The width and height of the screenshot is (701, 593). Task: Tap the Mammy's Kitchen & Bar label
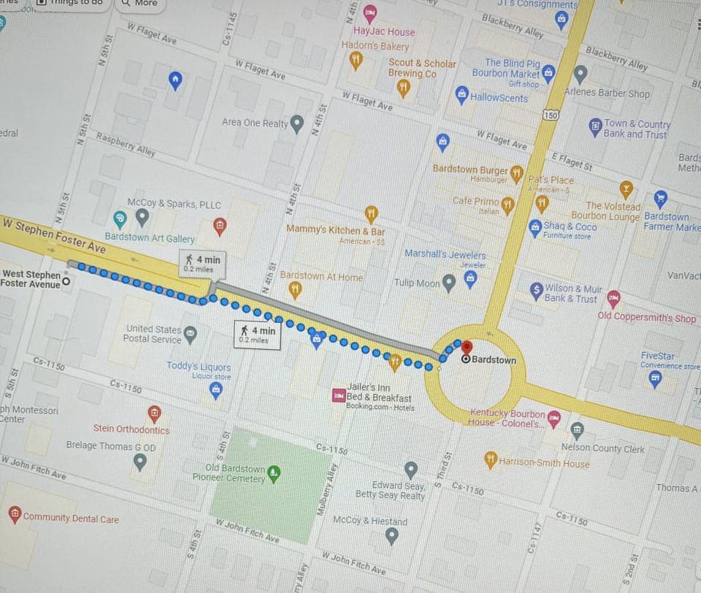(x=335, y=230)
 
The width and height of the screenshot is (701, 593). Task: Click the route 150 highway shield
(x=551, y=115)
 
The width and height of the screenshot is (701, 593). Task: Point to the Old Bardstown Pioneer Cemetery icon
(x=274, y=473)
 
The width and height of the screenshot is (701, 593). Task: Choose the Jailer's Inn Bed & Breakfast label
(x=378, y=393)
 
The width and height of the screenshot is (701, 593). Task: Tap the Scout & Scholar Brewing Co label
(x=421, y=69)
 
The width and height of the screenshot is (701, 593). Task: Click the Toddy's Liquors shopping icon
(x=216, y=391)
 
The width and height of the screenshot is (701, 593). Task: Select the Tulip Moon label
(x=417, y=283)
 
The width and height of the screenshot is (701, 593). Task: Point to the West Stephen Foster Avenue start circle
(x=66, y=280)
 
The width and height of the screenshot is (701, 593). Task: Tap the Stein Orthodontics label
(x=131, y=429)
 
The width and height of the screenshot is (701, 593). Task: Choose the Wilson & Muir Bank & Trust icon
(x=537, y=289)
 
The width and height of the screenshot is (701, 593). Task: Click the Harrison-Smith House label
(x=544, y=463)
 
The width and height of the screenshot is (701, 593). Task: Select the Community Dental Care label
(x=71, y=518)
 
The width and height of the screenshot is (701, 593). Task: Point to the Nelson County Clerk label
(x=602, y=448)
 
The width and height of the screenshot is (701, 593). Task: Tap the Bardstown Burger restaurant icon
(x=517, y=174)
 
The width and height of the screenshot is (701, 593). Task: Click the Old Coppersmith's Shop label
(x=646, y=318)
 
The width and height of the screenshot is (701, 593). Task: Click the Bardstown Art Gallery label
(x=150, y=239)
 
